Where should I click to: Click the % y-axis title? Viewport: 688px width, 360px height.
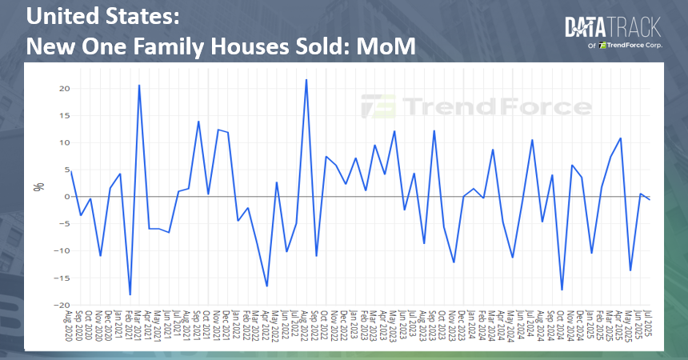pos(38,187)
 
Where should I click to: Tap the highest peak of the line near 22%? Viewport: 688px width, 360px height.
pos(306,79)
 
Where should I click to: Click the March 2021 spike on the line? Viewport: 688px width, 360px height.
pos(139,85)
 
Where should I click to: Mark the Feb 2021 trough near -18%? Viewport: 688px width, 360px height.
pos(130,295)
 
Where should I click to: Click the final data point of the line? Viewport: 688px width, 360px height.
pos(650,199)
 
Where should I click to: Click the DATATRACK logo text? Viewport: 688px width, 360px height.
pos(613,29)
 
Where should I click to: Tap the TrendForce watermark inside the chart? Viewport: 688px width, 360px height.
pos(476,106)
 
